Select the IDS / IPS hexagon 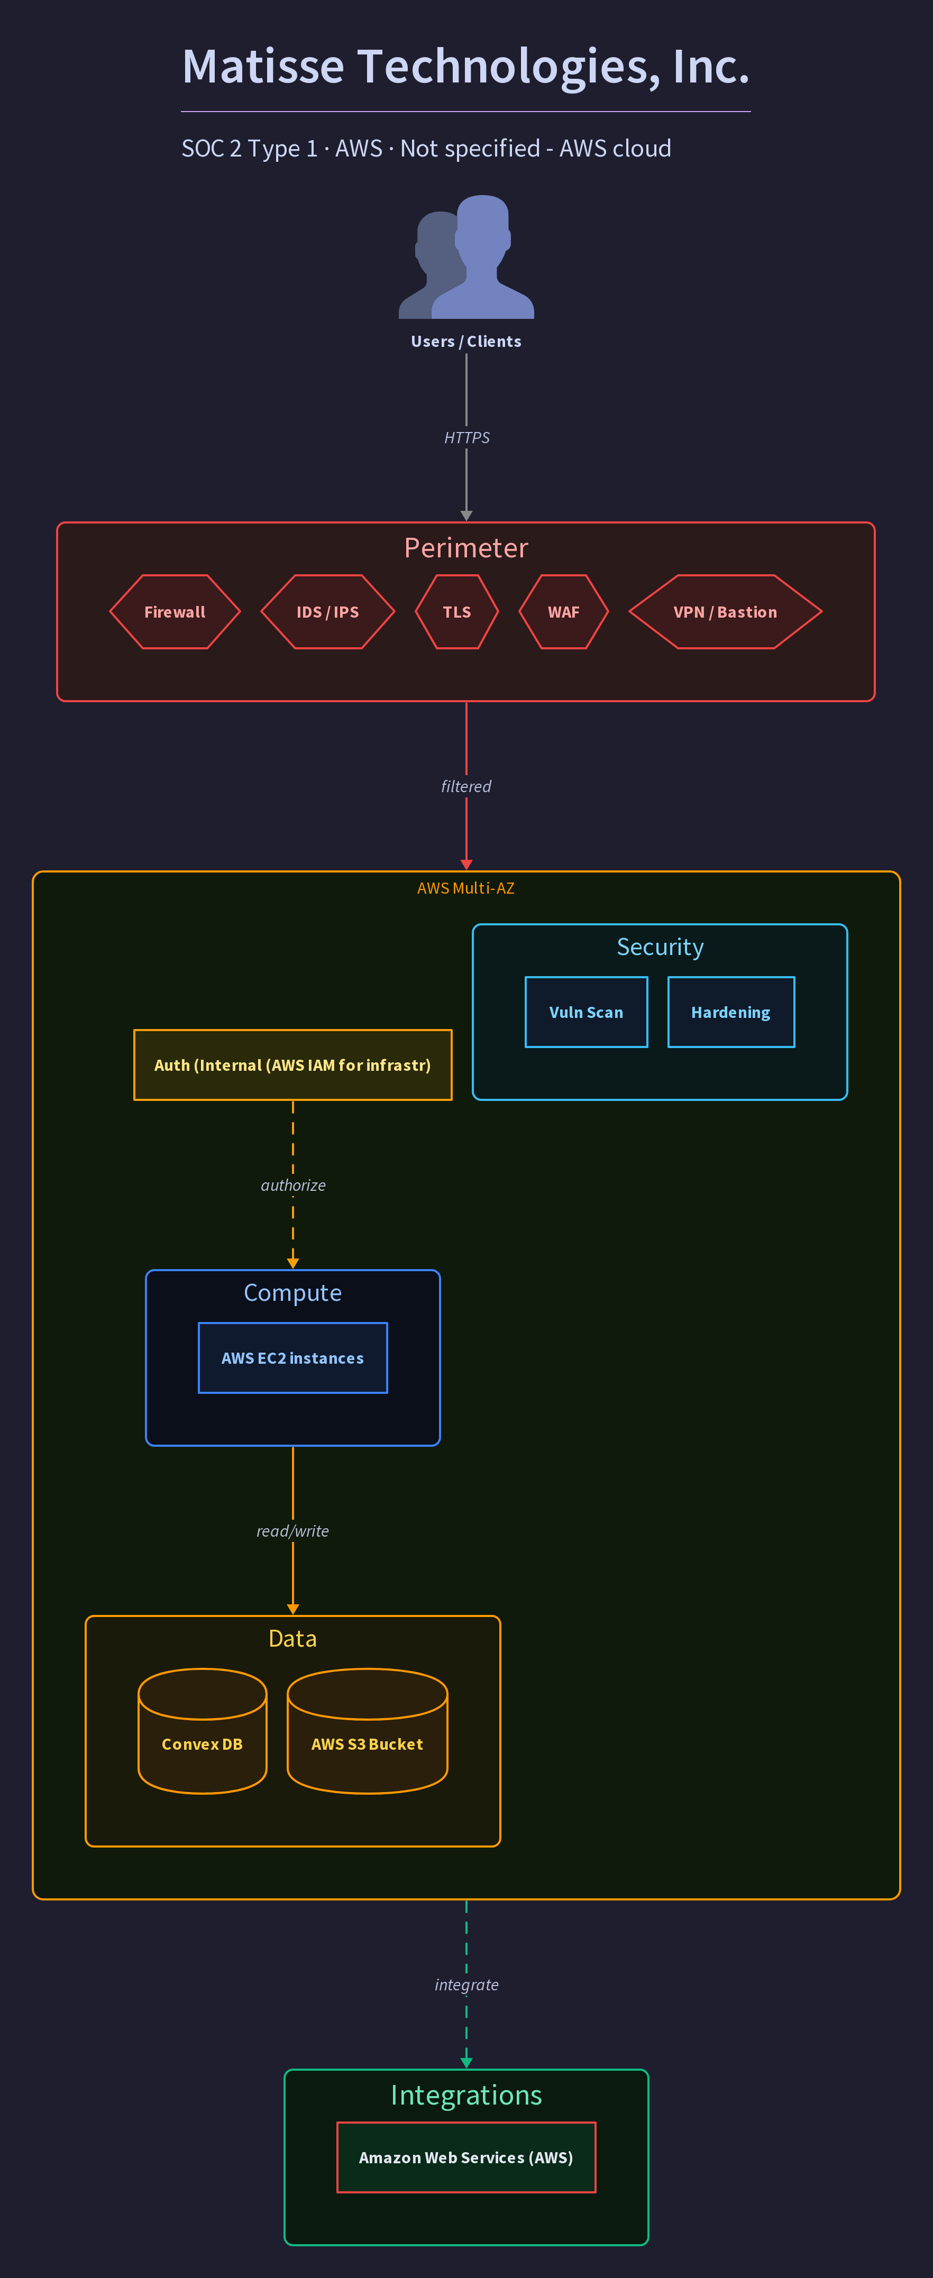click(328, 612)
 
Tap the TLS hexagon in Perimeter click(457, 612)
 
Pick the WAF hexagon click(563, 612)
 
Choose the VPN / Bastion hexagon click(725, 612)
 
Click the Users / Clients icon click(466, 256)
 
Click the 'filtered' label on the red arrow click(466, 786)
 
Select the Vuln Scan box click(587, 1012)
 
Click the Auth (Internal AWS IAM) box click(292, 1065)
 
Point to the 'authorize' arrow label click(292, 1185)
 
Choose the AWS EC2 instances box click(292, 1357)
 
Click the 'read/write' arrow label click(292, 1531)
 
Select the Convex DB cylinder click(203, 1731)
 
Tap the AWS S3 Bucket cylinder click(367, 1731)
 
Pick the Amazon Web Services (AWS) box click(466, 2157)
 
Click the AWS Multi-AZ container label click(466, 888)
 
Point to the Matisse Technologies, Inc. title click(466, 66)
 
